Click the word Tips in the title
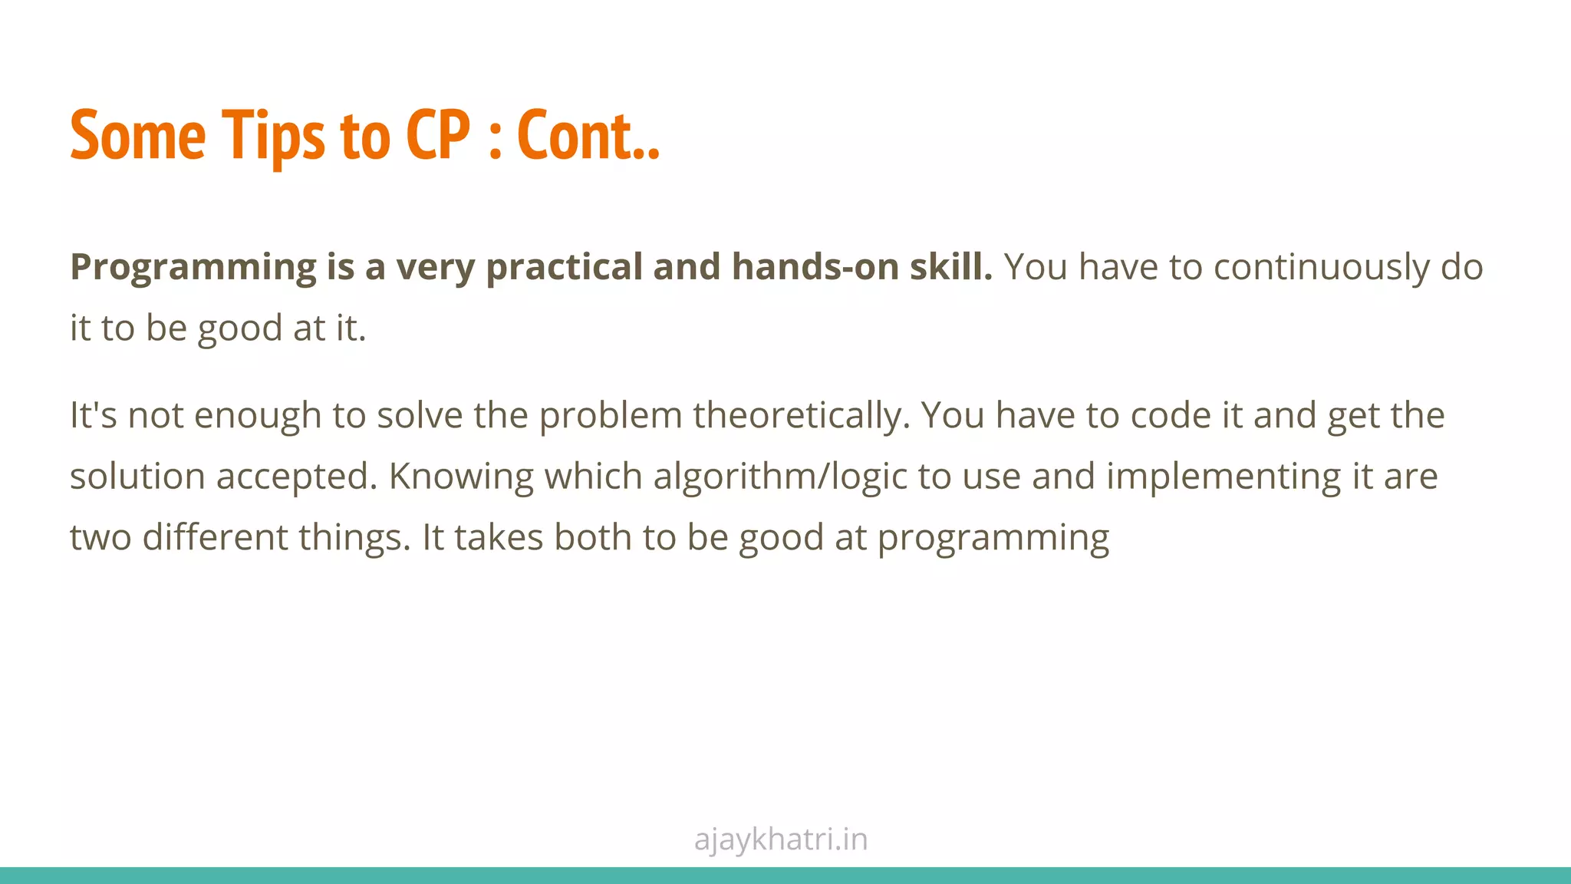click(x=273, y=136)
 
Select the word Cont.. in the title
click(x=588, y=136)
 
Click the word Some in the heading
click(x=138, y=136)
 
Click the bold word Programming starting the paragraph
click(x=193, y=268)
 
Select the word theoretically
click(x=801, y=416)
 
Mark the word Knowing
click(x=461, y=477)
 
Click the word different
click(x=215, y=537)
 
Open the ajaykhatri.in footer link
click(x=781, y=839)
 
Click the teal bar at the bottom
click(x=785, y=876)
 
